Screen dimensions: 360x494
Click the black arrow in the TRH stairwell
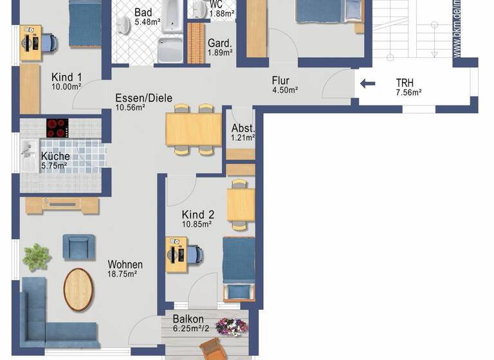(x=367, y=83)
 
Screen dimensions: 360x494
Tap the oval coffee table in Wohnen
(x=78, y=289)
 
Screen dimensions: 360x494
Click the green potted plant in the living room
(x=37, y=256)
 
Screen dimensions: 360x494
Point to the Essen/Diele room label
(x=143, y=98)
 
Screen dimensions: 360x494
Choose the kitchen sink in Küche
(x=28, y=154)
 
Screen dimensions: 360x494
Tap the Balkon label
(x=188, y=319)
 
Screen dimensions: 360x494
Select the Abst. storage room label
(x=243, y=127)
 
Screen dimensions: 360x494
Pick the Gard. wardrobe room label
(x=219, y=43)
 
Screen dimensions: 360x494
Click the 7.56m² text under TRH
(x=408, y=92)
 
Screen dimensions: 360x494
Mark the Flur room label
(x=280, y=80)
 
